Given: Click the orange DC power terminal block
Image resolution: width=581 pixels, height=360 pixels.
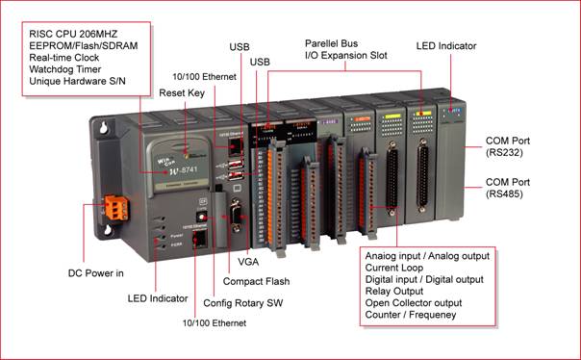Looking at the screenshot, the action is [116, 208].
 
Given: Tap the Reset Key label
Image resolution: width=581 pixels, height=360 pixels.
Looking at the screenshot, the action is [182, 93].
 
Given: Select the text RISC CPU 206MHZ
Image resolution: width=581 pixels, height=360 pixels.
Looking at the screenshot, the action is [73, 34].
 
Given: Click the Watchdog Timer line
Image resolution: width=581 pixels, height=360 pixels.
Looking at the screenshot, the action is [65, 69].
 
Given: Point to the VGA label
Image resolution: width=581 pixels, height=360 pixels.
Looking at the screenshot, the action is [248, 262].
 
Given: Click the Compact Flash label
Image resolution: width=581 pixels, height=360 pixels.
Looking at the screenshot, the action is [256, 281].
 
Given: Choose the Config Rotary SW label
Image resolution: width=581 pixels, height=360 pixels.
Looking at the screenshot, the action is [243, 303].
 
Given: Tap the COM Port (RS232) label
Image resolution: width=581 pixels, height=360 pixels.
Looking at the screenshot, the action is [508, 147].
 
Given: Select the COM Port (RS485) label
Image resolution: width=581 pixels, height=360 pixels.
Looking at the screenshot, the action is [508, 188].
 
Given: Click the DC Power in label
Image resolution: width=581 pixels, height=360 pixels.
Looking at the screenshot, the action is [95, 273].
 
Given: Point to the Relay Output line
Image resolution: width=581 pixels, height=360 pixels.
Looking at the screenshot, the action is [393, 291].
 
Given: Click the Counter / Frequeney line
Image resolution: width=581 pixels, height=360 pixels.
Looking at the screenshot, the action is [411, 315].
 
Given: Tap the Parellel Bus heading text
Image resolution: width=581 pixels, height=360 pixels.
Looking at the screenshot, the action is [331, 43].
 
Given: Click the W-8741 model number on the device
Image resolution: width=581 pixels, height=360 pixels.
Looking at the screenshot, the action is [183, 171].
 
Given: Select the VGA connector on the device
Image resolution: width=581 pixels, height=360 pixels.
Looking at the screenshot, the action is [236, 216].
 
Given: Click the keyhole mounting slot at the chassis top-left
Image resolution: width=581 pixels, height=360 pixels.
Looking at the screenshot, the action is [103, 127].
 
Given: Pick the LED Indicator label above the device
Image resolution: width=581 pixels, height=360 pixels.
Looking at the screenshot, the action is [446, 46].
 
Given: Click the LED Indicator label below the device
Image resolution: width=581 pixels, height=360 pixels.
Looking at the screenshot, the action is [158, 298].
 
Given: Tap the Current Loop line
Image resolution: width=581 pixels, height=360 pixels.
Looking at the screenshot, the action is [393, 268].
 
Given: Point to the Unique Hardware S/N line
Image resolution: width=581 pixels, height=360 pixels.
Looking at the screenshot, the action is [77, 81].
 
